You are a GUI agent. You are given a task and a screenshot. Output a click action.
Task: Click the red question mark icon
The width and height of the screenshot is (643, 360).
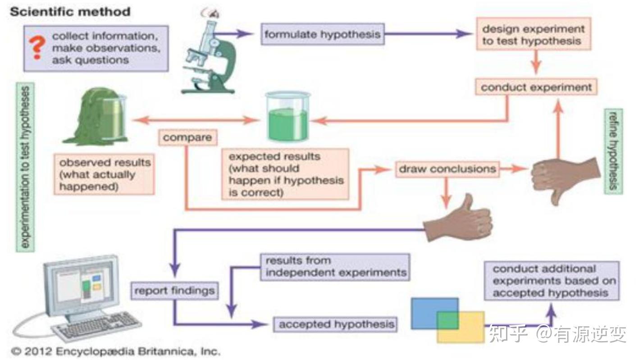pos(36,48)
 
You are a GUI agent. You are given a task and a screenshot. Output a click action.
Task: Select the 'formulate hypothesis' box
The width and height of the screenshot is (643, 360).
pos(322,34)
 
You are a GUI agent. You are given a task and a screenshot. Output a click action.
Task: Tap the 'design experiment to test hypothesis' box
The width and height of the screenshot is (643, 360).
pos(534,35)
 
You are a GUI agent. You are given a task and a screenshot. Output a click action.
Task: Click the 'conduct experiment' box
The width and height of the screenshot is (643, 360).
pos(536,87)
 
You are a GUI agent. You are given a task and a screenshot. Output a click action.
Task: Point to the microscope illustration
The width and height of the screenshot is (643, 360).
pos(210,54)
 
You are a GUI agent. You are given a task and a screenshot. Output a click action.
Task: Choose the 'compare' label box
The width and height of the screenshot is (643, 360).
pos(187,138)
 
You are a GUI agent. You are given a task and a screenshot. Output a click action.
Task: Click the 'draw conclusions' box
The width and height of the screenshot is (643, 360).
pos(447,169)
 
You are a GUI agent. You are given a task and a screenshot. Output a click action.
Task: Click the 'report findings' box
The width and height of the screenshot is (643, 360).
pos(174,291)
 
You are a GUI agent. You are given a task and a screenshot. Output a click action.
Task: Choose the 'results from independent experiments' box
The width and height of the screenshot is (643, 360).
pos(335,267)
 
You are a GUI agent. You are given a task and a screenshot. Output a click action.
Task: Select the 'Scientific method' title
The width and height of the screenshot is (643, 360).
pos(70,12)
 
